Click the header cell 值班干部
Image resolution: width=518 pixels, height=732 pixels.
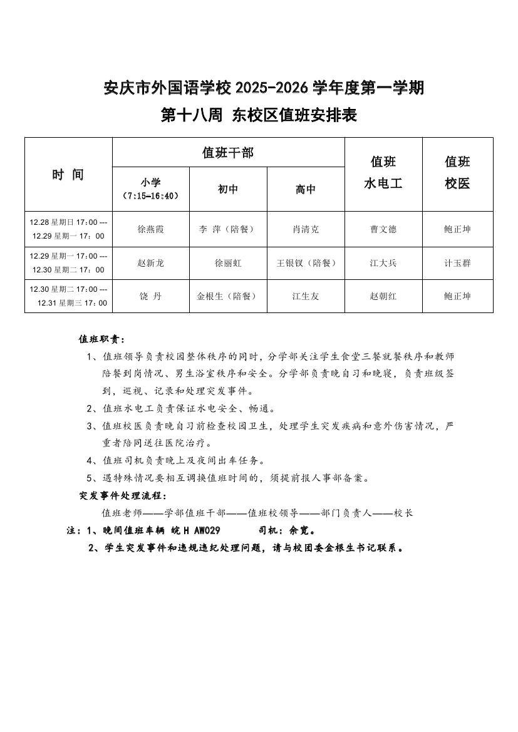tap(228, 152)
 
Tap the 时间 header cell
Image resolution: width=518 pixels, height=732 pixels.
tap(68, 175)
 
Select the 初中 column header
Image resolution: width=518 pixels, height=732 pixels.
tap(228, 189)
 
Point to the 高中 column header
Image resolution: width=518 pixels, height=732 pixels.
tap(306, 189)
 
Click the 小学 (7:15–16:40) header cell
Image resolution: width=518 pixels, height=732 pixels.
tap(151, 188)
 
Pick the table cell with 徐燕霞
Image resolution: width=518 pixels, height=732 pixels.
tap(151, 229)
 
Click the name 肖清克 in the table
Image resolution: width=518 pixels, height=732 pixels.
tap(306, 229)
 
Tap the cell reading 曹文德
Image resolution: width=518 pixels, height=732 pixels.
tap(383, 229)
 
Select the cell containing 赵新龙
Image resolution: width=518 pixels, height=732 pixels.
tap(151, 263)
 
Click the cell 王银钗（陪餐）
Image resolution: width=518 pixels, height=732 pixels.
tap(306, 263)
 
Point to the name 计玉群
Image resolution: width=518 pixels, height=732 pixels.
tap(457, 263)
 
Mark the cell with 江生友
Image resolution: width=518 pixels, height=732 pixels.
tap(306, 296)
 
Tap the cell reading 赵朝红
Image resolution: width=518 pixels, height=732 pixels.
tap(383, 296)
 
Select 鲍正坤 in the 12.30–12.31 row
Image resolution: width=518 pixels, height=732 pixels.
tap(457, 296)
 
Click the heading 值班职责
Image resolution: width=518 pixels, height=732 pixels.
tap(101, 339)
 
